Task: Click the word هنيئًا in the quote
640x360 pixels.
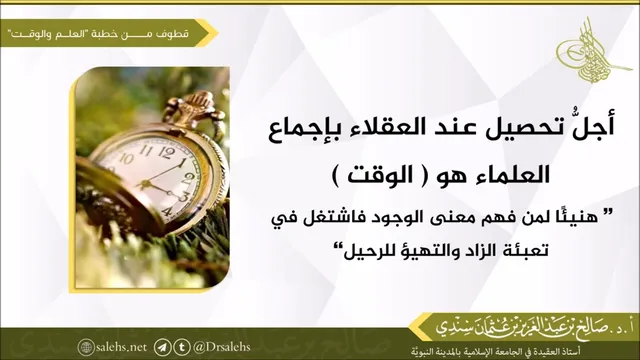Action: click(x=576, y=219)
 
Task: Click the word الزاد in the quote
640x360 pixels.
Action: click(x=475, y=251)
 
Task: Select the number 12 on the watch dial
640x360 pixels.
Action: click(x=165, y=152)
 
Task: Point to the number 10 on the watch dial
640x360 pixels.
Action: click(x=126, y=158)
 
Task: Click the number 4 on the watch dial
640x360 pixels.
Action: click(x=167, y=212)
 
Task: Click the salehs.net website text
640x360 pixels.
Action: click(x=121, y=347)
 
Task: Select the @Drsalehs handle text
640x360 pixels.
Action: click(x=222, y=347)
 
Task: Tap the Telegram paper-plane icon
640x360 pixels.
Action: click(x=162, y=347)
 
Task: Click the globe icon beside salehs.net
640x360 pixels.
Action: click(x=86, y=347)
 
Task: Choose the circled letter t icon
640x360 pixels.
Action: click(x=182, y=347)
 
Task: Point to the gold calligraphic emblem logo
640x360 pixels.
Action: click(x=588, y=51)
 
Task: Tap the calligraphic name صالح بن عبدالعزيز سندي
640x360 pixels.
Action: click(x=531, y=327)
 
